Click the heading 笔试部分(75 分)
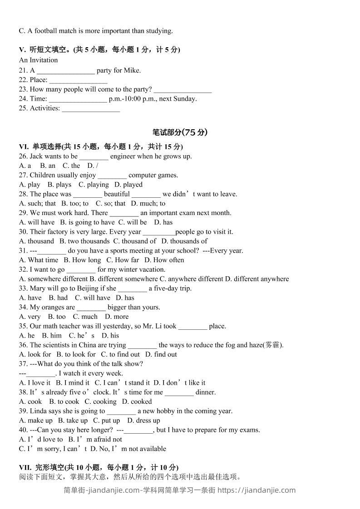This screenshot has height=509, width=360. (180, 132)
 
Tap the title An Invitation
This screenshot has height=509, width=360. (39, 60)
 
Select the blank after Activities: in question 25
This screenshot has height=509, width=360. (91, 108)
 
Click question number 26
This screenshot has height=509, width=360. (23, 156)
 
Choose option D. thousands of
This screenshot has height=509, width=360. (184, 241)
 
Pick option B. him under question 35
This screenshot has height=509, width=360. (52, 336)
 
